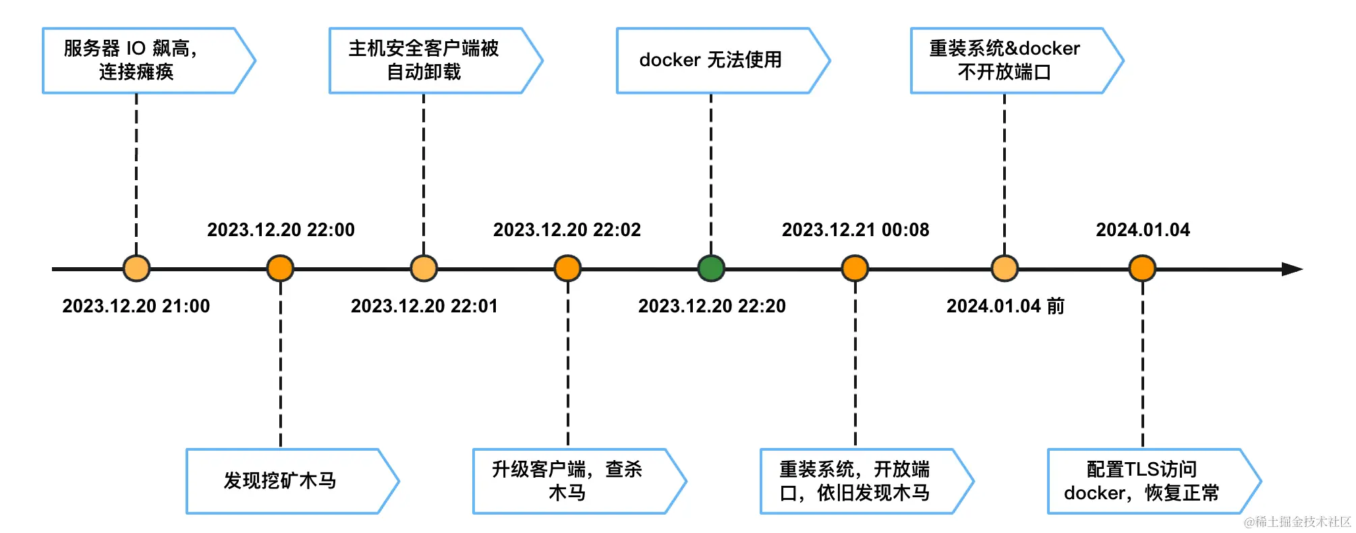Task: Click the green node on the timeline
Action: (710, 269)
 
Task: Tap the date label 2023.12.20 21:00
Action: (136, 306)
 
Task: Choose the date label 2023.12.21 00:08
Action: (855, 230)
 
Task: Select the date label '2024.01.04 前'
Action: (1005, 306)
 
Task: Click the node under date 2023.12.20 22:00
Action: (280, 269)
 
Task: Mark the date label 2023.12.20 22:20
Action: (712, 306)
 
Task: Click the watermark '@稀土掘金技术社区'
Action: (1297, 522)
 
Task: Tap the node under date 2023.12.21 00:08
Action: (855, 269)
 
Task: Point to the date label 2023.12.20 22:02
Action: (567, 230)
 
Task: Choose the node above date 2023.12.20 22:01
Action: (424, 269)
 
